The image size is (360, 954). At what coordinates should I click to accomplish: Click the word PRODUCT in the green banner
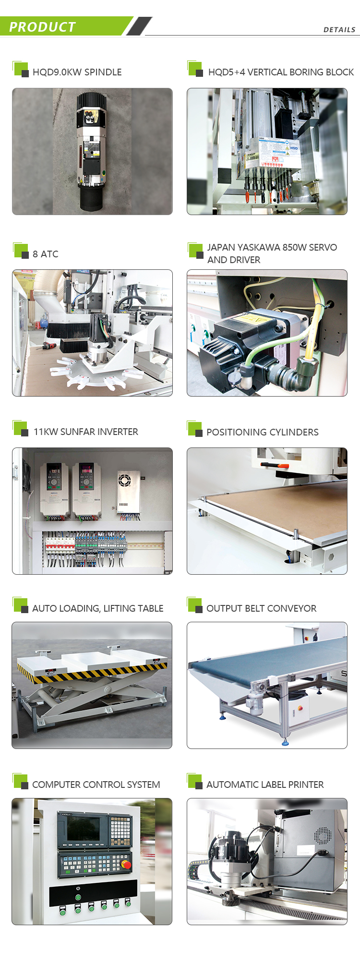[42, 27]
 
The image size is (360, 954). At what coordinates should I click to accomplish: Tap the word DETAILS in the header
[339, 30]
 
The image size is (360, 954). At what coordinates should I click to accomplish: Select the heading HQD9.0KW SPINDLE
[77, 72]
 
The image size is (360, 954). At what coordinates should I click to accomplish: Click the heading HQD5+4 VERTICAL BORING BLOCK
[281, 72]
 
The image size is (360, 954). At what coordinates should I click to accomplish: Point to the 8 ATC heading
[46, 254]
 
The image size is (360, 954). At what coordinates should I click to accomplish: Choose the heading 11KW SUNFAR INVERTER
[86, 432]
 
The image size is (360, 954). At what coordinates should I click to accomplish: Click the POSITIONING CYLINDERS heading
[262, 432]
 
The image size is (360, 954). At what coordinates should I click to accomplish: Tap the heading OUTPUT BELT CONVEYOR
[261, 608]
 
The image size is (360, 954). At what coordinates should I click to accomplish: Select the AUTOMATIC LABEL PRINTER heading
[265, 785]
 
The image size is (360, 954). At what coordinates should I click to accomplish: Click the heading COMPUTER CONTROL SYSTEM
[96, 785]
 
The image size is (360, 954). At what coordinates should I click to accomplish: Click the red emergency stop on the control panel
[127, 865]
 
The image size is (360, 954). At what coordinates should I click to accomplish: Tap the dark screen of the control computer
[83, 829]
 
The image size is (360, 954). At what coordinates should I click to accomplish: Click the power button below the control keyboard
[78, 889]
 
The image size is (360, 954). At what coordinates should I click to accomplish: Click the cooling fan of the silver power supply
[125, 480]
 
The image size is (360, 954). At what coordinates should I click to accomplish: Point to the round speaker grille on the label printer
[322, 836]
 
